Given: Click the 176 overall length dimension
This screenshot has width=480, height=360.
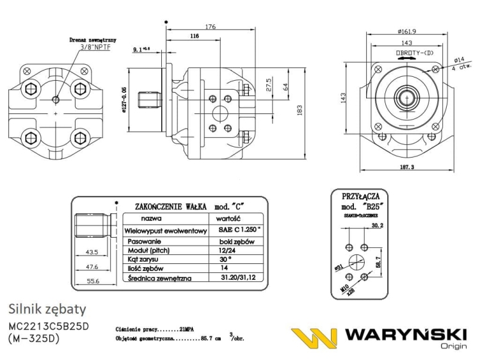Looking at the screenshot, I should tap(209, 27).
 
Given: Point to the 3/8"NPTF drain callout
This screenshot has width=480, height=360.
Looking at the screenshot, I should tap(95, 47).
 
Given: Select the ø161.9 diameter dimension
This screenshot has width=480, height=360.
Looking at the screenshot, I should tap(407, 30).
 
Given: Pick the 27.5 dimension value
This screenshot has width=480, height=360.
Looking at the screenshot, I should tap(269, 84).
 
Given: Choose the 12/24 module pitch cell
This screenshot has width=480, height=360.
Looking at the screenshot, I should tap(227, 250).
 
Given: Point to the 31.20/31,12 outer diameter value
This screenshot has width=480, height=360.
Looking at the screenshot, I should tap(237, 278).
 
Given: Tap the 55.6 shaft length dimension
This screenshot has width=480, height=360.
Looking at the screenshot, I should tap(92, 281).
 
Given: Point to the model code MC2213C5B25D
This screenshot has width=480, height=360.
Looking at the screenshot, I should tap(49, 327).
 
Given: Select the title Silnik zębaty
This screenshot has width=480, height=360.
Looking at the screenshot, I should tap(47, 310).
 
